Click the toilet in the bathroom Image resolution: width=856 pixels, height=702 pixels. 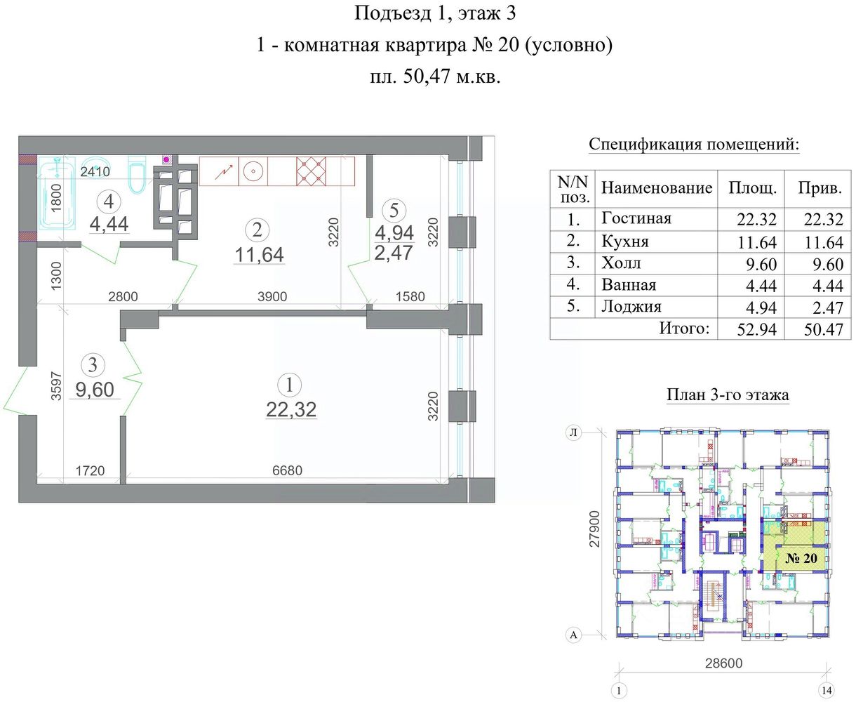[137, 175]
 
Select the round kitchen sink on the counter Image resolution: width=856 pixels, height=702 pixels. [253, 172]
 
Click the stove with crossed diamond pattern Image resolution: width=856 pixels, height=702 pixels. [311, 171]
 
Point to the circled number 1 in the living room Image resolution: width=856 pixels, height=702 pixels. [289, 385]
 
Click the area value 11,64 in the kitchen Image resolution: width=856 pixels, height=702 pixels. [259, 255]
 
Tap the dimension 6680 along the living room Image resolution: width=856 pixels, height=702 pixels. [288, 470]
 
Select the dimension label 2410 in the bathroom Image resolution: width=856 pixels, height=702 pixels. [95, 172]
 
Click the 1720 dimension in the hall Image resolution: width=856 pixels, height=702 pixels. [90, 470]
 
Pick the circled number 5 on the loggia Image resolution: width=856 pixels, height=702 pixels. [394, 211]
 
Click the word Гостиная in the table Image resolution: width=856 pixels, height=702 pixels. [636, 218]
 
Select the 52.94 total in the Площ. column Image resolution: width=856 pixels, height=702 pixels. [756, 329]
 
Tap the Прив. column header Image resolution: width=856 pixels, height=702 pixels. [820, 188]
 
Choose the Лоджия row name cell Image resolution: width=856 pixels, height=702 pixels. [631, 307]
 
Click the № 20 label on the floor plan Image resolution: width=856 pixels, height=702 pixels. [801, 558]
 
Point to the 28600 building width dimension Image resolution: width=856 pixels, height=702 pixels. [723, 663]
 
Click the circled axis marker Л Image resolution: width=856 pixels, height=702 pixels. [573, 433]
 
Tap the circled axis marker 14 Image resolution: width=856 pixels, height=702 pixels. [827, 690]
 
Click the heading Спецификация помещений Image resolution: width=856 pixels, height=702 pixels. [694, 145]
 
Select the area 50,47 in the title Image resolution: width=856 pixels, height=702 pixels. [427, 77]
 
